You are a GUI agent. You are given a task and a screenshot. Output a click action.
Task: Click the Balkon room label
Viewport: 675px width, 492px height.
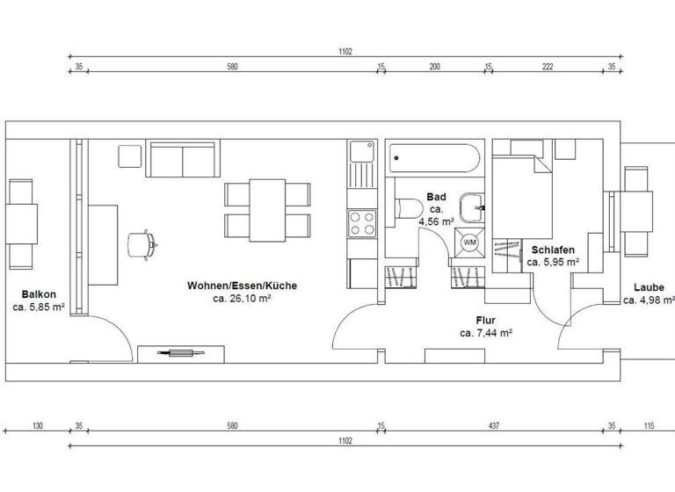(39, 295)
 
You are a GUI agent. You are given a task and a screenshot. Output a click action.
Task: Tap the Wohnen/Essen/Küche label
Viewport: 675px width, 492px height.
(242, 286)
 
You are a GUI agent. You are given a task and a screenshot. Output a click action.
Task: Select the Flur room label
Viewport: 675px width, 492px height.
(486, 321)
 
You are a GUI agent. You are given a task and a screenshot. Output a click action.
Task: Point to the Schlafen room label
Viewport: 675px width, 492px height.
(553, 250)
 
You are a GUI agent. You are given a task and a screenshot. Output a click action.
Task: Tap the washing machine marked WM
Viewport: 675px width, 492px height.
(469, 242)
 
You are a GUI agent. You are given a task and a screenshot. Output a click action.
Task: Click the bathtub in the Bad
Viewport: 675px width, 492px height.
(435, 160)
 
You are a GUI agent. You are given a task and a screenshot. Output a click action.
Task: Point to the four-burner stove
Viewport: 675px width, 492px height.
(361, 222)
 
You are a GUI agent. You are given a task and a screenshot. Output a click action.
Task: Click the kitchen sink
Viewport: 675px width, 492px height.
(360, 153)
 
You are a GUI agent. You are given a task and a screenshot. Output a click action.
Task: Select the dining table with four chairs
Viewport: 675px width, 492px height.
(267, 207)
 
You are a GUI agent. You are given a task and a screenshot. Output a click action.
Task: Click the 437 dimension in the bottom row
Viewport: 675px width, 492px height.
(494, 427)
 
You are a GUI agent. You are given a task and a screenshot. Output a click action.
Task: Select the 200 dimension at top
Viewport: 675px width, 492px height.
(434, 66)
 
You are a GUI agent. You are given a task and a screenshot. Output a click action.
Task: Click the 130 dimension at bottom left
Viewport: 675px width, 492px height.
(37, 427)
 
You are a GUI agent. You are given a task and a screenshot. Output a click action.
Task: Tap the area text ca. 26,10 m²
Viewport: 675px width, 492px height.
(242, 299)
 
